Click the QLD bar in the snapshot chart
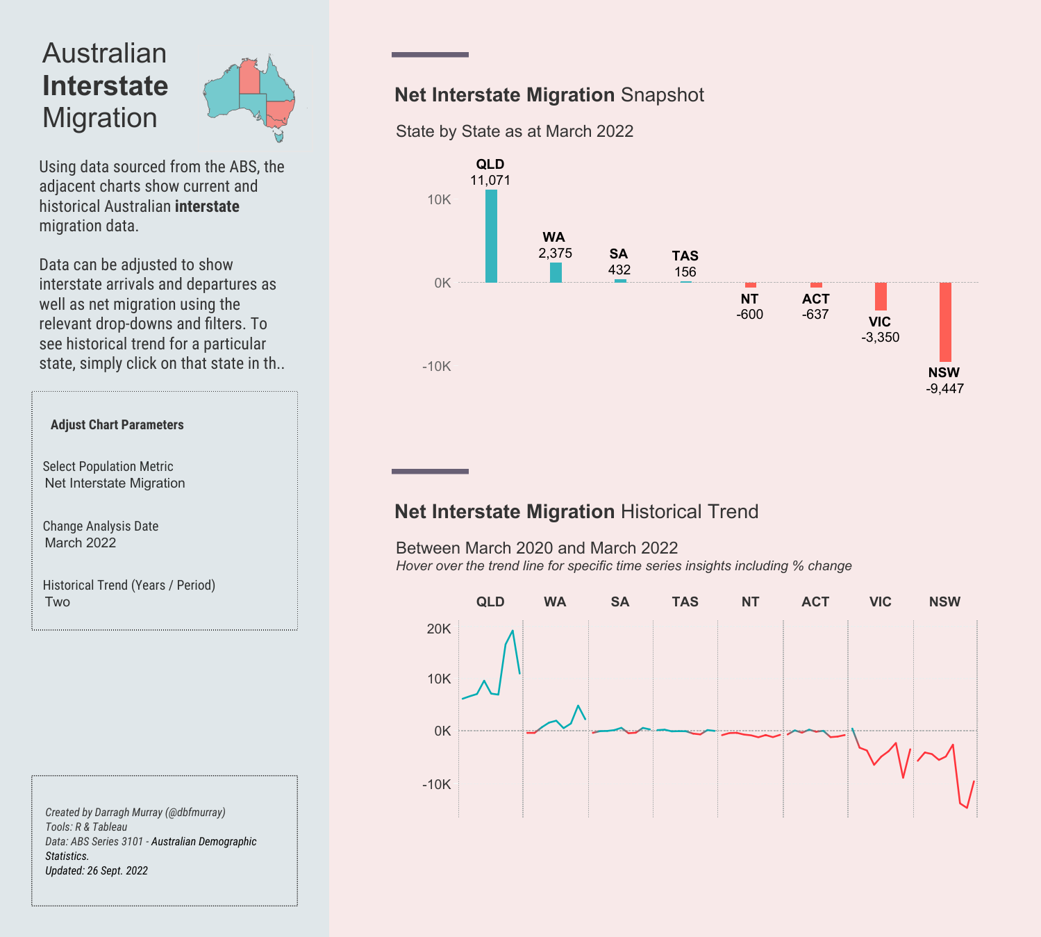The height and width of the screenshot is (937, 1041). click(491, 236)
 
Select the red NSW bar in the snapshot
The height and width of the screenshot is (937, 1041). click(945, 322)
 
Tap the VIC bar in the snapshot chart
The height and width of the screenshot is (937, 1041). click(881, 297)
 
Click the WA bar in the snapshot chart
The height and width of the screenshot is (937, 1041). click(556, 272)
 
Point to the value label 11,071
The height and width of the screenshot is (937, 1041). click(490, 181)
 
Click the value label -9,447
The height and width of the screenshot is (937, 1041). click(944, 389)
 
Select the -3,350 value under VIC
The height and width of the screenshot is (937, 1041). click(880, 338)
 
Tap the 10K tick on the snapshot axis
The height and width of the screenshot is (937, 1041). click(439, 200)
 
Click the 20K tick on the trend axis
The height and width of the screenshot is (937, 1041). click(439, 629)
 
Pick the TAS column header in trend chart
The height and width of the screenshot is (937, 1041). click(685, 602)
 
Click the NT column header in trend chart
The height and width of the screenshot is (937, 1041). click(750, 602)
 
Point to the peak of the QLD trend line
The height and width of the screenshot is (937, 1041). click(513, 631)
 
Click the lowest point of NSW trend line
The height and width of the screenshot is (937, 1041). click(967, 808)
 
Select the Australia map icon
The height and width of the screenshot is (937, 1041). click(250, 97)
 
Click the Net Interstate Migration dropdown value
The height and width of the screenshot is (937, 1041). click(115, 483)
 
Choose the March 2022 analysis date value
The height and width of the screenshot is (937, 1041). click(81, 543)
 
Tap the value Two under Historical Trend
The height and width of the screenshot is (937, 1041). click(58, 602)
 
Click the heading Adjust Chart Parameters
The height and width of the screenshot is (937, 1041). click(117, 425)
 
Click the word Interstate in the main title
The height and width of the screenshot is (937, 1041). click(105, 86)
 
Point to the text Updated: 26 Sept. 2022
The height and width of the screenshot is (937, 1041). click(97, 871)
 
